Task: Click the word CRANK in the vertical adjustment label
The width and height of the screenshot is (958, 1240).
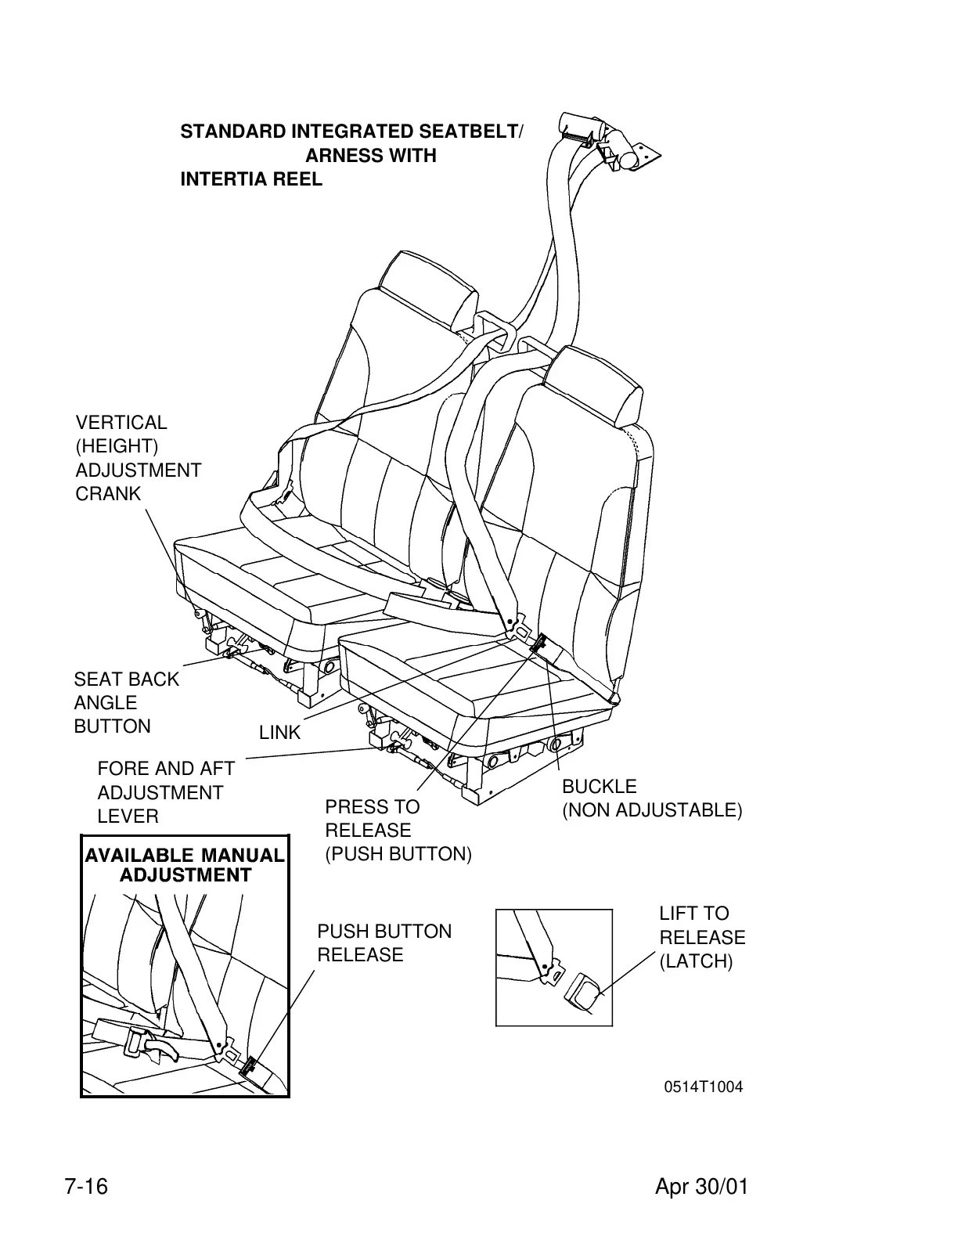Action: click(108, 494)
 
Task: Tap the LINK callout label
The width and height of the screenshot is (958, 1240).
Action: click(279, 733)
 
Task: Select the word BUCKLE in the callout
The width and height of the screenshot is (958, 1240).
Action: click(600, 786)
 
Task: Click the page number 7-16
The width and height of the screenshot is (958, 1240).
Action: click(85, 1187)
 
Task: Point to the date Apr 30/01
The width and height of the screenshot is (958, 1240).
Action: click(701, 1187)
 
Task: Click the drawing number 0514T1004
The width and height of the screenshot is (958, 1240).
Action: click(704, 1087)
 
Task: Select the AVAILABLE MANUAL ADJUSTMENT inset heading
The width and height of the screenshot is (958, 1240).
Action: click(185, 865)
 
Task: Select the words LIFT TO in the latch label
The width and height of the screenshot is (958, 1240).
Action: click(693, 914)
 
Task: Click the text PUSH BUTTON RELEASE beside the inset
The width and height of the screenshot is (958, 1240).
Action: click(384, 943)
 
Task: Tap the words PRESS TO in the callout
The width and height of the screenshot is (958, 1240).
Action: click(372, 806)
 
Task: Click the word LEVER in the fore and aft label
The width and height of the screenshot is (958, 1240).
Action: click(128, 816)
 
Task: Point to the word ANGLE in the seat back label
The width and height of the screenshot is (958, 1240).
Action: click(105, 703)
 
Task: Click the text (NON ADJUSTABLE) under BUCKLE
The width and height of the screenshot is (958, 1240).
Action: click(651, 810)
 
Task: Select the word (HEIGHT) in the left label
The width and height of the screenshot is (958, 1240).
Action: click(117, 446)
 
